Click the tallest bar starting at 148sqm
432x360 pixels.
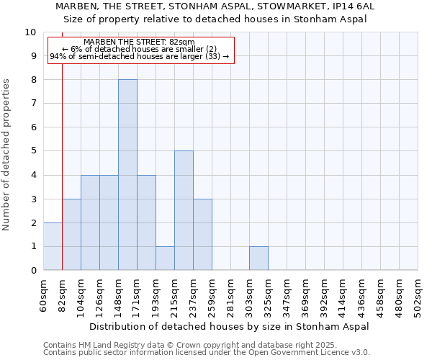[127, 175]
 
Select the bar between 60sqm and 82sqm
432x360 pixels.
[53, 246]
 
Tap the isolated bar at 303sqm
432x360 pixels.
[258, 258]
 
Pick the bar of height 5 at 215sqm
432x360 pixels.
[184, 210]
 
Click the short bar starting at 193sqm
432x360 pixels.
[165, 258]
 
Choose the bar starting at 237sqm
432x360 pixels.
[202, 235]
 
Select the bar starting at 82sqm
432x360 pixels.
[71, 235]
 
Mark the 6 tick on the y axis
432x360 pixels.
[33, 127]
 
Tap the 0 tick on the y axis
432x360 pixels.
[33, 271]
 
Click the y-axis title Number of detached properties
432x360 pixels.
[7, 155]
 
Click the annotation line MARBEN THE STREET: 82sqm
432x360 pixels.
[139, 42]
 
